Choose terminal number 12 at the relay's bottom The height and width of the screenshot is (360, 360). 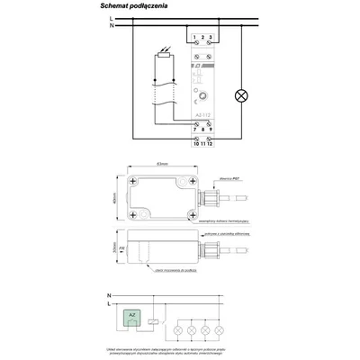(210, 143)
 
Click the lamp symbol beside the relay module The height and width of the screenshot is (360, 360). (239, 93)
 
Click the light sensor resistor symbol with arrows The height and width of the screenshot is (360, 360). (161, 61)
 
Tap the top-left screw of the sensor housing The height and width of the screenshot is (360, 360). (134, 182)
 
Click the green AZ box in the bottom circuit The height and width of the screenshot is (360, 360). (133, 316)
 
